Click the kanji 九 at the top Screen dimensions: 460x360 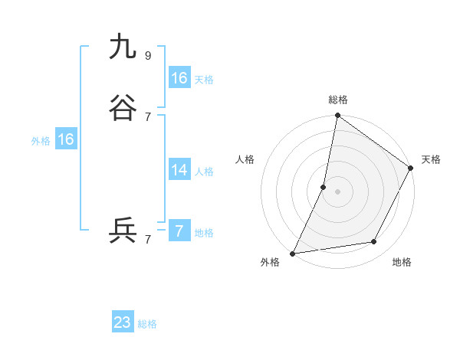point(123,47)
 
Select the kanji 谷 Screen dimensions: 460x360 point(123,108)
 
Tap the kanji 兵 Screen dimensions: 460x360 point(123,231)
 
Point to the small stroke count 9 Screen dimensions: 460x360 point(147,55)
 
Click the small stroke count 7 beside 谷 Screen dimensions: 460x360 point(147,116)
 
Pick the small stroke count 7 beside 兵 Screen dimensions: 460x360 point(147,239)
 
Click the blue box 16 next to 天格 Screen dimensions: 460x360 point(179,78)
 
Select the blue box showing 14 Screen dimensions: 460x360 point(179,170)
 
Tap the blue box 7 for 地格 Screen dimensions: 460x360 point(179,231)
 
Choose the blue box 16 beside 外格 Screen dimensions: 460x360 point(66,139)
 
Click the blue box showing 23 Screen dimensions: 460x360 point(123,322)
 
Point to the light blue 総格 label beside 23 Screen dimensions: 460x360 point(148,324)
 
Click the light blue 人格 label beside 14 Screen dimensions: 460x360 point(204,171)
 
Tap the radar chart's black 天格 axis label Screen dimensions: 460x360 point(431,159)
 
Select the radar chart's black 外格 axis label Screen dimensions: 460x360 point(270,262)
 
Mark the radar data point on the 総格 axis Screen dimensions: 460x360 point(337,116)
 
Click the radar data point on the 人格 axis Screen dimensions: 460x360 point(324,187)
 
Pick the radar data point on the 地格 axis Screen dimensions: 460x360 point(374,242)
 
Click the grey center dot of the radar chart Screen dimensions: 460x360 point(337,191)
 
